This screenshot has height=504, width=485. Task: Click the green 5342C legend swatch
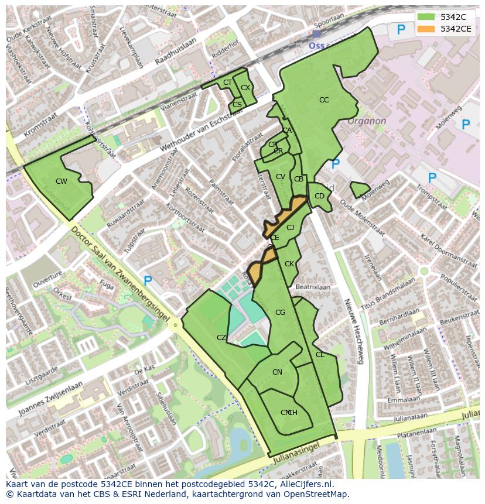point(426,17)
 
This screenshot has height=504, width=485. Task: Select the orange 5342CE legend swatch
point(426,29)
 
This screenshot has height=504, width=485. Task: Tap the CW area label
point(61,181)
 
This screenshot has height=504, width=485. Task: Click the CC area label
point(324,100)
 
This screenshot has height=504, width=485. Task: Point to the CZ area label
point(221,338)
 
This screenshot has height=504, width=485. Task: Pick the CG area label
point(280,313)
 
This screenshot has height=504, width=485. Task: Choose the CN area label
point(277,372)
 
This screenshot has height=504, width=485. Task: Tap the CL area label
point(320,355)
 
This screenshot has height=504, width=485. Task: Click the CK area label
point(289,264)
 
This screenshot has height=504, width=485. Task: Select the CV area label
point(280,177)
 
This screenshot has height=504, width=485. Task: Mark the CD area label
point(319,196)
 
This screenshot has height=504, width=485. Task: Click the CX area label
point(245,88)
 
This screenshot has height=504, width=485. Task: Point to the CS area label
point(237,105)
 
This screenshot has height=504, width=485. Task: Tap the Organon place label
point(367,121)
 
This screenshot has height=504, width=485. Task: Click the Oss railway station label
point(317,44)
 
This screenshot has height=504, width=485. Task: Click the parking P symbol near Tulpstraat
point(148,282)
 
